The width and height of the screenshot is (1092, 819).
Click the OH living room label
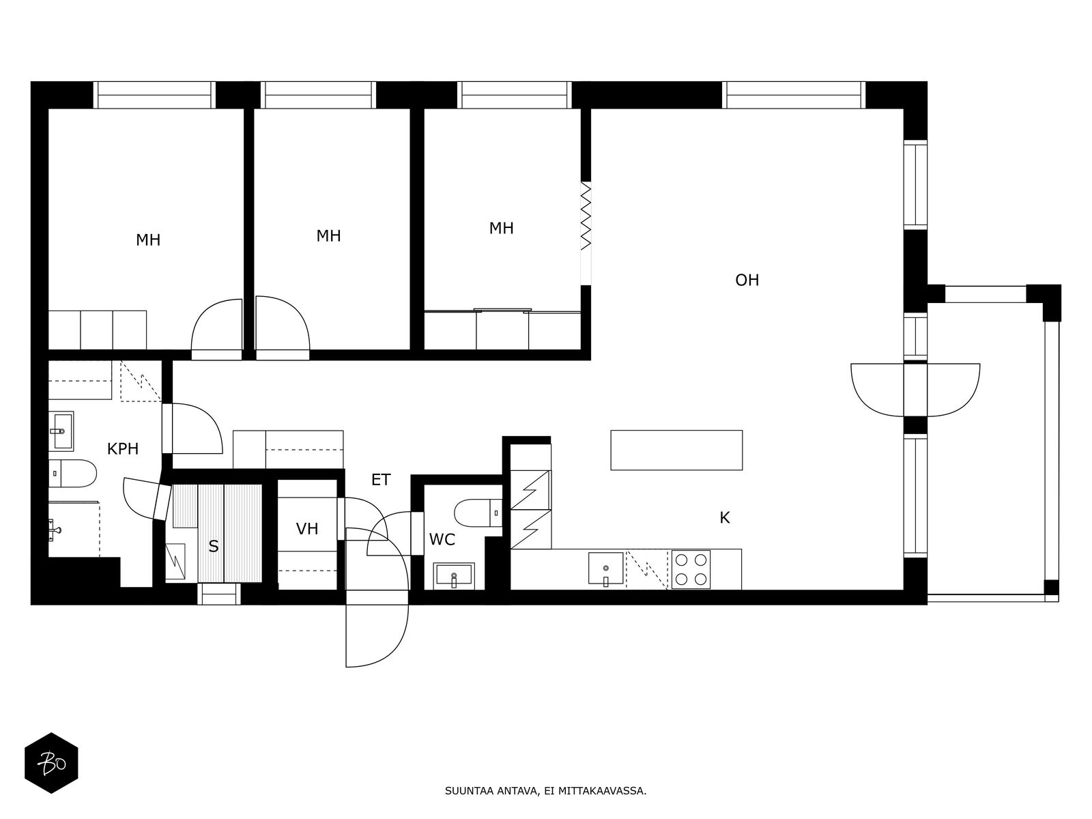click(747, 281)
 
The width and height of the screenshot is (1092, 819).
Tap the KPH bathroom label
click(123, 449)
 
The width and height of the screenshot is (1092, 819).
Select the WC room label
click(442, 540)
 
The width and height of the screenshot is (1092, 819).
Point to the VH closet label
click(307, 528)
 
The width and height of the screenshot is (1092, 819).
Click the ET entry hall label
click(381, 480)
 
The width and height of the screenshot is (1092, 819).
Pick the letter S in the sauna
click(214, 547)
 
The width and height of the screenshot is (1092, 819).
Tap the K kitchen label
click(725, 518)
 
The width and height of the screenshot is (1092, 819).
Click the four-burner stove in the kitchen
click(691, 570)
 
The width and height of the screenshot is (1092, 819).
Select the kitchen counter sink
click(605, 569)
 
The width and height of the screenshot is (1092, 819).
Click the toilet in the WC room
click(478, 513)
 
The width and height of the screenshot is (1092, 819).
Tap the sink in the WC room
click(454, 576)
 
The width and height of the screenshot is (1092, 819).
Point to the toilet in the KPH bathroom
click(72, 474)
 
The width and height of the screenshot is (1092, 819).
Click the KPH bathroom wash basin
click(61, 431)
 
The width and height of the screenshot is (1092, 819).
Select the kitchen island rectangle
click(676, 450)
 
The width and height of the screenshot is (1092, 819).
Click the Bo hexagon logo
click(52, 764)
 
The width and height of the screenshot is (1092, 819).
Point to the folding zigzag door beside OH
click(586, 216)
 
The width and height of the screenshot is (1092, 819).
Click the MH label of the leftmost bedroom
click(148, 240)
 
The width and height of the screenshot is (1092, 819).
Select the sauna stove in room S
click(175, 562)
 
